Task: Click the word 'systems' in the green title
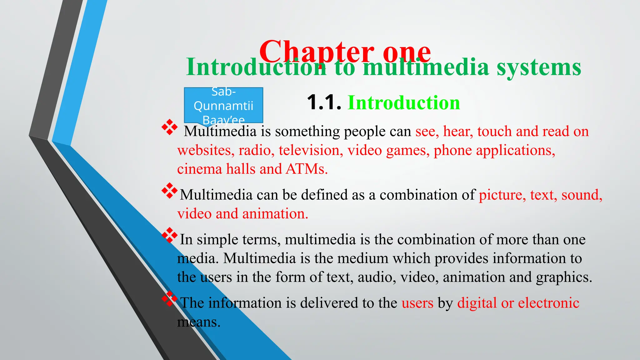click(539, 67)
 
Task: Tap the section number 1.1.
click(324, 102)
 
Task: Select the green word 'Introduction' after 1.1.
click(404, 102)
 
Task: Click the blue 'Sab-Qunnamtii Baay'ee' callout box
click(223, 105)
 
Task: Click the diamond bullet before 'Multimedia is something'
click(169, 127)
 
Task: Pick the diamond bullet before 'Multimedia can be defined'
click(169, 191)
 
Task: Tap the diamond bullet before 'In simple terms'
click(169, 235)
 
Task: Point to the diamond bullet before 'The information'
click(169, 299)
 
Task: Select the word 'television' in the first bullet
click(309, 150)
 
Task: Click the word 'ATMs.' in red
click(307, 169)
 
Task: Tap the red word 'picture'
click(502, 195)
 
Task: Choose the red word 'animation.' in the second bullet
click(275, 214)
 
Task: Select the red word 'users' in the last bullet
click(417, 303)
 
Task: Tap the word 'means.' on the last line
click(199, 322)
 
